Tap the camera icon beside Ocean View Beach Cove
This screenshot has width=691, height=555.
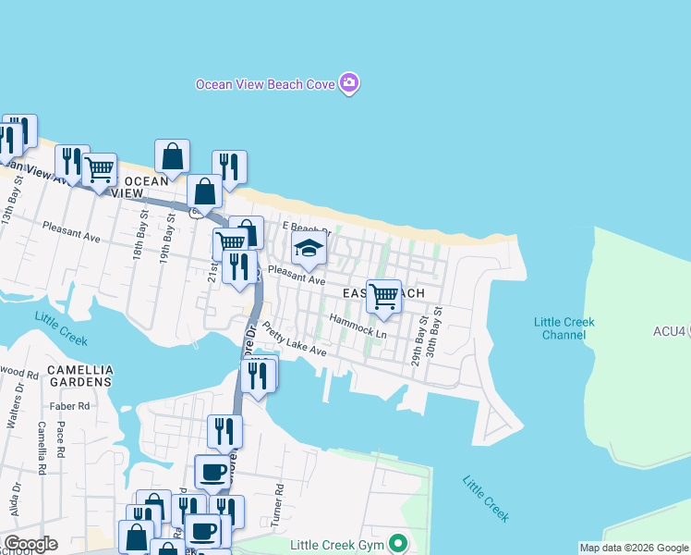pos(349,84)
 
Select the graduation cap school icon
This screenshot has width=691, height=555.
pos(309,248)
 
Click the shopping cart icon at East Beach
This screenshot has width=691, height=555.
pos(383,297)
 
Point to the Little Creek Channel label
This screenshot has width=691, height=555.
pos(564,328)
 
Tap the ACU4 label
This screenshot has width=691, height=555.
pos(671,330)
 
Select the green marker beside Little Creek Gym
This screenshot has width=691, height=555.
pos(398,543)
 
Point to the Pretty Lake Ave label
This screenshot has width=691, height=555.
pos(294,339)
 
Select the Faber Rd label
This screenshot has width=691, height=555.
pos(71,405)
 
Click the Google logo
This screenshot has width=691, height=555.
pos(30,544)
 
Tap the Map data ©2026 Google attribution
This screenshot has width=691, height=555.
pos(634,548)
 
